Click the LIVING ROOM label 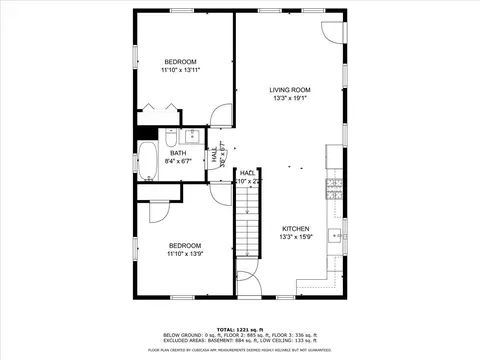pyautogui.click(x=289, y=90)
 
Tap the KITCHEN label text pyautogui.click(x=294, y=228)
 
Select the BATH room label pyautogui.click(x=178, y=152)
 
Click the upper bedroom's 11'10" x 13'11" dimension pyautogui.click(x=181, y=70)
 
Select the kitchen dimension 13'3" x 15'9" pyautogui.click(x=294, y=237)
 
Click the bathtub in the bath pyautogui.click(x=147, y=161)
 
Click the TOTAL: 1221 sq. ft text pyautogui.click(x=240, y=327)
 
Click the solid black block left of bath pyautogui.click(x=144, y=132)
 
